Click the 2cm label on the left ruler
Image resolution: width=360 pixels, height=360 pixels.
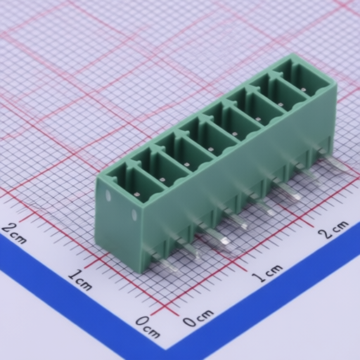(14, 233)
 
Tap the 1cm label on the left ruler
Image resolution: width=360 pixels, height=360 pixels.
(80, 281)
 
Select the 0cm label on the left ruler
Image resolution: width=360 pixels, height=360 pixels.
(148, 326)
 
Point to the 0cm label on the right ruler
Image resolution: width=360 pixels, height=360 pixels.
(198, 318)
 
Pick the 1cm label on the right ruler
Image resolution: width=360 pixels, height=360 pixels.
(268, 274)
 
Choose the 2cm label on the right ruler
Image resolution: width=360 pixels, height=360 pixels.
(333, 229)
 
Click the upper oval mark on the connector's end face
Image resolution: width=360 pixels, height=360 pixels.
(108, 195)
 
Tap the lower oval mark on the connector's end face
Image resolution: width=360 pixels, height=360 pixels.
(134, 214)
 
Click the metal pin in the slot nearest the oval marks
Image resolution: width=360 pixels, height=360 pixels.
(137, 194)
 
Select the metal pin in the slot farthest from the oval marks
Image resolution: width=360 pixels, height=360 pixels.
(304, 89)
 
